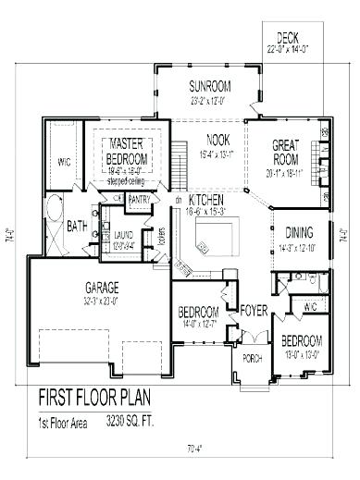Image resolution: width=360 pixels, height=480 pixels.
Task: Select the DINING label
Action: point(298,233)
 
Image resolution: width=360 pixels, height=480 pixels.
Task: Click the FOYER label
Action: point(254,312)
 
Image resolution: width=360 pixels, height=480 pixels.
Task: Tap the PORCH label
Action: point(252,357)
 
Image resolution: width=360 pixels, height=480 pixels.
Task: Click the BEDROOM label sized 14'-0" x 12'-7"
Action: point(198,312)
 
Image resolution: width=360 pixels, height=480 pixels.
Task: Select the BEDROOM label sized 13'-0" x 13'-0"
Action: point(302,340)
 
